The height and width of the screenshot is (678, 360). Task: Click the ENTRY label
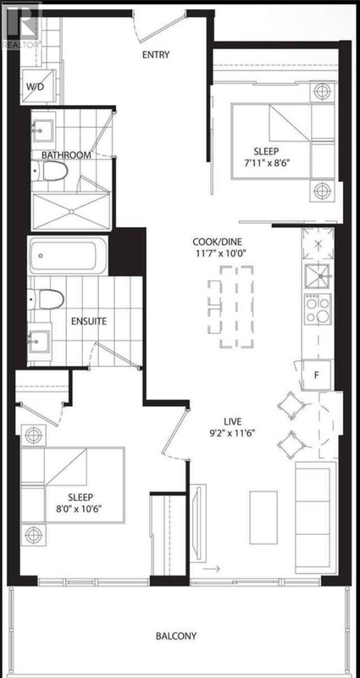(156, 55)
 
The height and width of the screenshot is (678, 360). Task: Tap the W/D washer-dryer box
(37, 86)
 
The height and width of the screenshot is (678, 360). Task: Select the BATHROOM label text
(66, 155)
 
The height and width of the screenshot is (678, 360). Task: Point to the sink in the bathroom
(43, 128)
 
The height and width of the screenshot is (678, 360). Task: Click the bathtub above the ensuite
(68, 256)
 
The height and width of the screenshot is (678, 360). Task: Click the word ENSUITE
(89, 322)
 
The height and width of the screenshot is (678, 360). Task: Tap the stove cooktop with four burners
(318, 309)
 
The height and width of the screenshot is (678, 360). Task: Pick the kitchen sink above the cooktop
(317, 277)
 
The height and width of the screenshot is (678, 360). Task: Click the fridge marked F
(316, 375)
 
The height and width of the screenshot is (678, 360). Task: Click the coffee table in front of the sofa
(263, 517)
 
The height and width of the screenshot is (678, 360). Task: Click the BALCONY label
(176, 636)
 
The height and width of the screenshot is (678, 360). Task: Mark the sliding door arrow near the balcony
(211, 569)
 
